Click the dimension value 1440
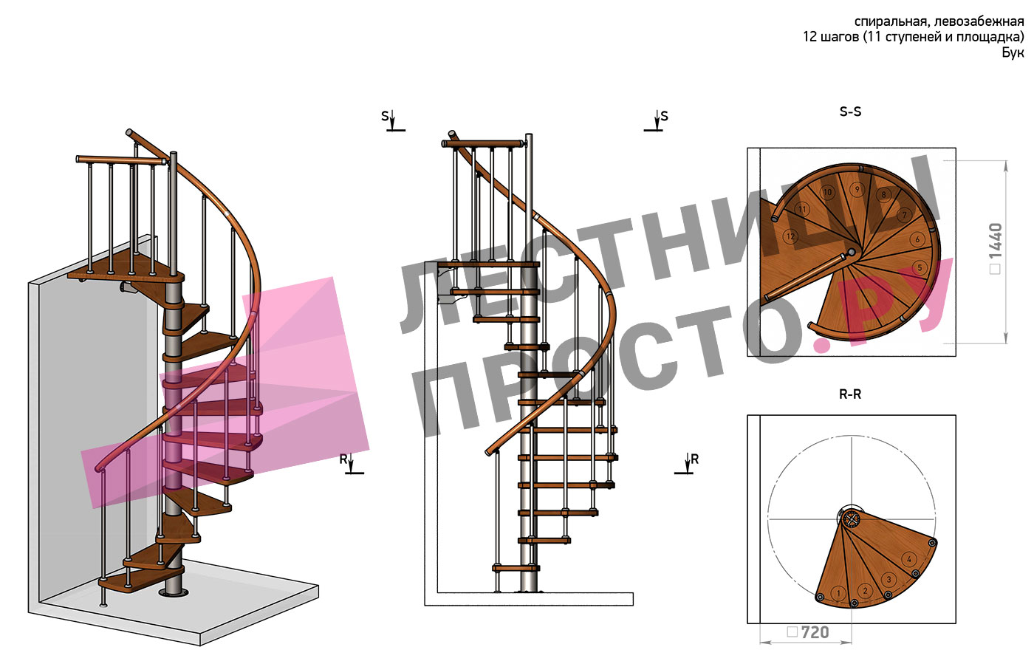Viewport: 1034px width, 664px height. pos(996,241)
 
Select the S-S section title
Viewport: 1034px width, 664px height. pos(850,112)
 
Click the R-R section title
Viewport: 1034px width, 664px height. pos(850,394)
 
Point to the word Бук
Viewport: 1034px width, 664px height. pos(1013,52)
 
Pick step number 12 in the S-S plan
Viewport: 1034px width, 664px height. pos(791,236)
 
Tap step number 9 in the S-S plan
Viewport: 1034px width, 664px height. pos(857,189)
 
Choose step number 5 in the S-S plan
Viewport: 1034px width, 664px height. pos(920,268)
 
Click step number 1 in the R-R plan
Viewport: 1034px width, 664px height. pos(838,593)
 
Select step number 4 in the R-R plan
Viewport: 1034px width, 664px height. pos(909,560)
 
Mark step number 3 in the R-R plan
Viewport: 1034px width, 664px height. pos(889,580)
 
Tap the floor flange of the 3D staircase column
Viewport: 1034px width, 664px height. pos(174,592)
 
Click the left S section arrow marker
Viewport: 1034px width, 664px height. pos(393,121)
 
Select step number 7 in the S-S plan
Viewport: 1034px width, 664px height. pos(904,215)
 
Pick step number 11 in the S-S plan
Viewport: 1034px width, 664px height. pos(802,210)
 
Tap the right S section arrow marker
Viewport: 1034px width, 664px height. pos(656,121)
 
